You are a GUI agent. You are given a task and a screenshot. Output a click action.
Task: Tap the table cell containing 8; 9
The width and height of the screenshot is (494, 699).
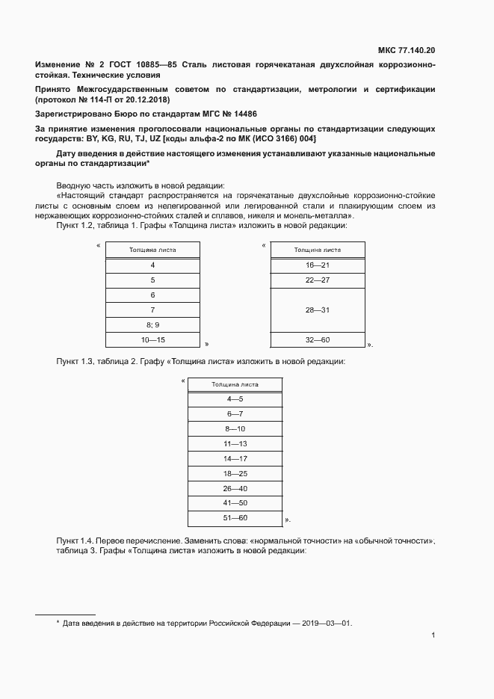tap(152, 324)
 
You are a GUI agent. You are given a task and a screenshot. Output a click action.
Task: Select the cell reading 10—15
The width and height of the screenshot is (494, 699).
tap(152, 340)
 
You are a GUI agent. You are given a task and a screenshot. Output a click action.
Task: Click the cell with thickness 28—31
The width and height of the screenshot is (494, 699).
tap(318, 310)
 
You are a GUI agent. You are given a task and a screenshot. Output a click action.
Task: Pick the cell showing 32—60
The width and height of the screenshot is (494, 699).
tap(318, 340)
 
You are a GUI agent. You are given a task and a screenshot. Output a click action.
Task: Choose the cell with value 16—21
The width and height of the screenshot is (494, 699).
tap(318, 265)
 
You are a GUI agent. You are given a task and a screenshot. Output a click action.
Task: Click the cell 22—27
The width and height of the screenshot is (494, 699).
tap(318, 280)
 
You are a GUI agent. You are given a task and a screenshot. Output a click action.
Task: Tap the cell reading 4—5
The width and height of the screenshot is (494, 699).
tap(235, 399)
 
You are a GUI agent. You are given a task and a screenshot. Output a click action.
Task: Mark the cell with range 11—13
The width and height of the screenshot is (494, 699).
tap(235, 443)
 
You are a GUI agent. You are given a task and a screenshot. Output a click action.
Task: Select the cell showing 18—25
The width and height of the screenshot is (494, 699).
tap(235, 473)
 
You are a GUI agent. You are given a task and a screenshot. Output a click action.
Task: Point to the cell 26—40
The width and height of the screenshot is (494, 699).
tap(235, 488)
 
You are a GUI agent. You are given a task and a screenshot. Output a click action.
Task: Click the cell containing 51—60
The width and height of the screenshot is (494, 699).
tap(235, 518)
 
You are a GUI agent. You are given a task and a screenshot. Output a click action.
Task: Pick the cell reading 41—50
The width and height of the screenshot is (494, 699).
tap(235, 503)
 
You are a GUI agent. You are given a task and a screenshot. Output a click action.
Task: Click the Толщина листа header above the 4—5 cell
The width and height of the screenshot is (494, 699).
tap(235, 384)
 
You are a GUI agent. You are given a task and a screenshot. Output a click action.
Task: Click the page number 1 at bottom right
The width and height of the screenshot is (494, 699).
tap(433, 635)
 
